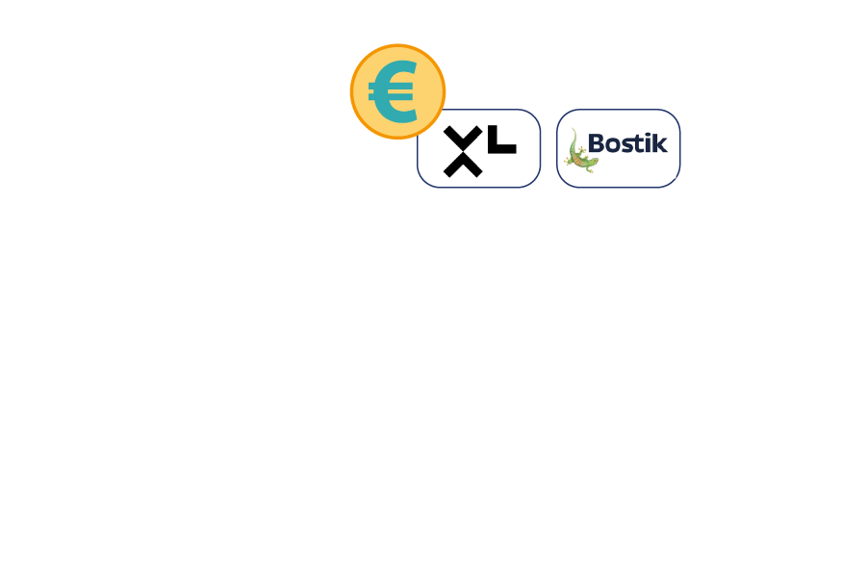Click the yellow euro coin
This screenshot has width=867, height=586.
[x=397, y=91]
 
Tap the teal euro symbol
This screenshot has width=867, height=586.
[x=393, y=91]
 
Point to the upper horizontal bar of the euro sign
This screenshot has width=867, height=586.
[x=391, y=86]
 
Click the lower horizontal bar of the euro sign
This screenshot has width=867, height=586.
[x=391, y=97]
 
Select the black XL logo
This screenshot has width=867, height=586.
[x=479, y=151]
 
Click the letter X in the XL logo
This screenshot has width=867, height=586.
[x=463, y=151]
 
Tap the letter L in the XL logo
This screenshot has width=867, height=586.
[x=502, y=140]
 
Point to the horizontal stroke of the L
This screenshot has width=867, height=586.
[x=502, y=149]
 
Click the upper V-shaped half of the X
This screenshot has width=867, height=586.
[x=463, y=139]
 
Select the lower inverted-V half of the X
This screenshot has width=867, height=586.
[x=463, y=166]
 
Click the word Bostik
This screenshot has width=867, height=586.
[x=627, y=143]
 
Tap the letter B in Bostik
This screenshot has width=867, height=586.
[x=596, y=143]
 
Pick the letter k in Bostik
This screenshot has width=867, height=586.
[x=660, y=143]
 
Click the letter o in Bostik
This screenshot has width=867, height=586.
[x=613, y=145]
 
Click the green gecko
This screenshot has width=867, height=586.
[x=580, y=151]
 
